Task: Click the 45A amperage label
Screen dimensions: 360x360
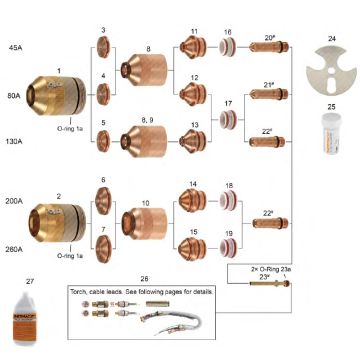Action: (15, 47)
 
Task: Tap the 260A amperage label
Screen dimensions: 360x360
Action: (16, 248)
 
